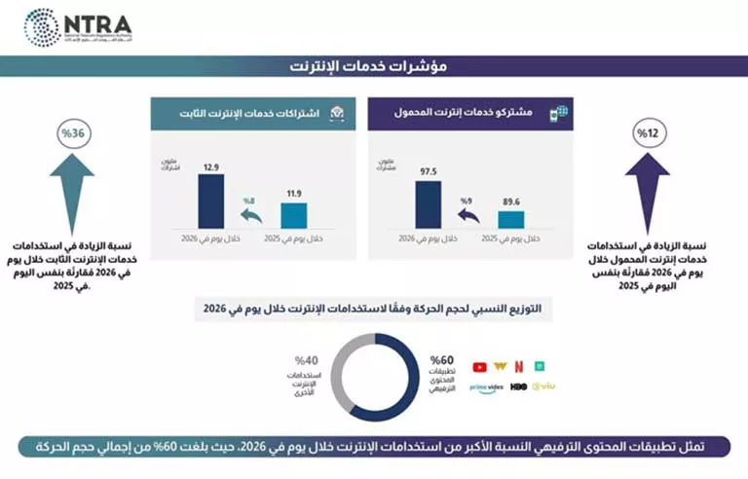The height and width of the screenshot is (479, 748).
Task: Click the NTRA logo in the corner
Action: tap(78, 26)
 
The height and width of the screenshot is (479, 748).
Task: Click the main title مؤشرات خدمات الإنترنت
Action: tap(373, 66)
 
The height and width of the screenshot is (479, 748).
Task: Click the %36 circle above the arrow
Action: tap(71, 132)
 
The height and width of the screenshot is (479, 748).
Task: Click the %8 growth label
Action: tap(248, 202)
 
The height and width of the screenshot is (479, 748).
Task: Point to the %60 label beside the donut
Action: tap(440, 360)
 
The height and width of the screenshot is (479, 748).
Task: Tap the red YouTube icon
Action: tap(479, 367)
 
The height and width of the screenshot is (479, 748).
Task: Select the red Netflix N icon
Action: tap(519, 367)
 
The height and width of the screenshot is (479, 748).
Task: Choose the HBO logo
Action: tap(519, 387)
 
